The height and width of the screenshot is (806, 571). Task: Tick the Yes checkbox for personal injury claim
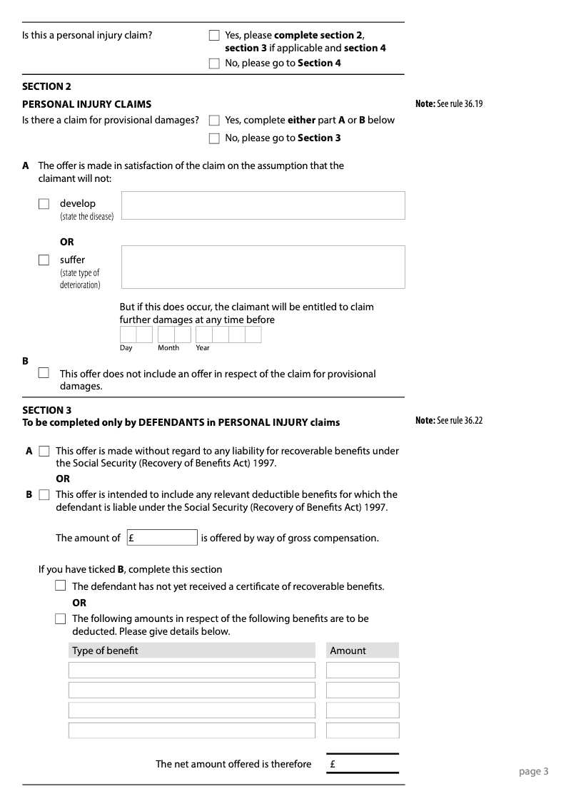(214, 35)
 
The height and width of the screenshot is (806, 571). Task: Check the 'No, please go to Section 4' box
(214, 63)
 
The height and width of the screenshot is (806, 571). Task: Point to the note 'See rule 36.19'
(449, 104)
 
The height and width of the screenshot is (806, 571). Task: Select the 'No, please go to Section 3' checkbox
(214, 138)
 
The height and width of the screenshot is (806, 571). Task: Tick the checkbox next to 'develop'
(44, 204)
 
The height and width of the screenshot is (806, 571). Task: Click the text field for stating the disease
(263, 205)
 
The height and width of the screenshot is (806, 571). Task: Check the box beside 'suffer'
(44, 260)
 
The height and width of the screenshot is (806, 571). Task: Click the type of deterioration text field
(263, 267)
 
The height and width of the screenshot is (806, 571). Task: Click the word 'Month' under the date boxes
(168, 348)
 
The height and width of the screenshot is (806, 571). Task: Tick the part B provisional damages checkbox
(44, 372)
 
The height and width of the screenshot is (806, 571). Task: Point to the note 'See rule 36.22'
(449, 421)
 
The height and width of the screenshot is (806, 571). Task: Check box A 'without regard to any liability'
(44, 452)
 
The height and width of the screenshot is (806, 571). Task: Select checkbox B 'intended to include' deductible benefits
(44, 494)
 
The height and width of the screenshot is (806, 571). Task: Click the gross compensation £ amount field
(162, 538)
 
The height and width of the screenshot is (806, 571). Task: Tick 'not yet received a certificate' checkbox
(61, 586)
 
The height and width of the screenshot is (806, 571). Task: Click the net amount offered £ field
(363, 764)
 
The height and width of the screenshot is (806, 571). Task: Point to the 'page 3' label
(533, 771)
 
